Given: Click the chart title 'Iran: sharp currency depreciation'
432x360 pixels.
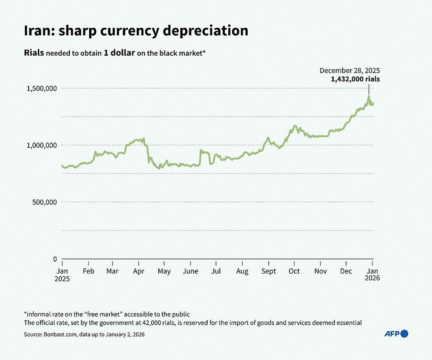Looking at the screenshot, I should coord(136,30).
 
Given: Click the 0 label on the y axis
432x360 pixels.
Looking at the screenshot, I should coord(55,259).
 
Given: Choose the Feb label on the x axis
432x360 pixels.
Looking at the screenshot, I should coord(89,271).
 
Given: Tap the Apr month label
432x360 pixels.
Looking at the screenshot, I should coord(139,271).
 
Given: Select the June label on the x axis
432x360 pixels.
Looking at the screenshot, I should coord(190,271).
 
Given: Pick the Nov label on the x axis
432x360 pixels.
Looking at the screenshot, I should coord(320,271).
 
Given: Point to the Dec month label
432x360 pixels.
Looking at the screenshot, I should coord(346,271).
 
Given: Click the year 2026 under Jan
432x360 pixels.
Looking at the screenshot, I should coord(372,278).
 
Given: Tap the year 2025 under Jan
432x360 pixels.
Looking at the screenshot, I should coord(62,278).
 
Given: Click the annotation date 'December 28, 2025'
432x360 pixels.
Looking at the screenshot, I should coord(350,71).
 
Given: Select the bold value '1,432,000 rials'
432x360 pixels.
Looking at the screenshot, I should coord(355,79).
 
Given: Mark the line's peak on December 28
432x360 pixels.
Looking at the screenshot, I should coord(369,96).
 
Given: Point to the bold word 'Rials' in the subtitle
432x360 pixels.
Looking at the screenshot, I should coord(34,53).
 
